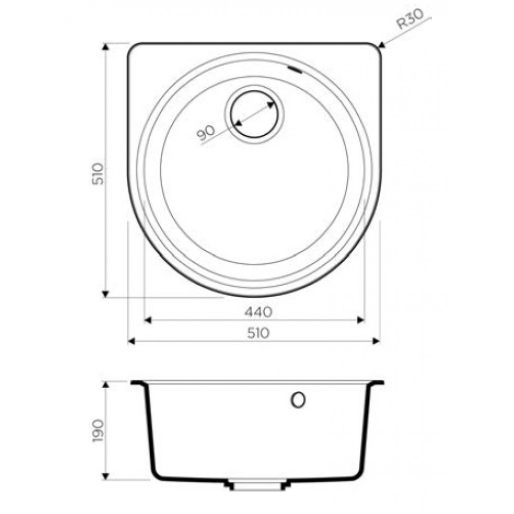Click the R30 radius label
tap(410, 20)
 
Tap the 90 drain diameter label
tap(206, 133)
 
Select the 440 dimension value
tap(259, 312)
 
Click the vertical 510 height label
tap(98, 173)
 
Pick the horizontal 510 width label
tap(259, 333)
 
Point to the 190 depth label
tap(98, 430)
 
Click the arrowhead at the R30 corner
tap(382, 45)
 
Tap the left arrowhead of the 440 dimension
tap(148, 320)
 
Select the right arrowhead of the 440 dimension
tap(361, 320)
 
